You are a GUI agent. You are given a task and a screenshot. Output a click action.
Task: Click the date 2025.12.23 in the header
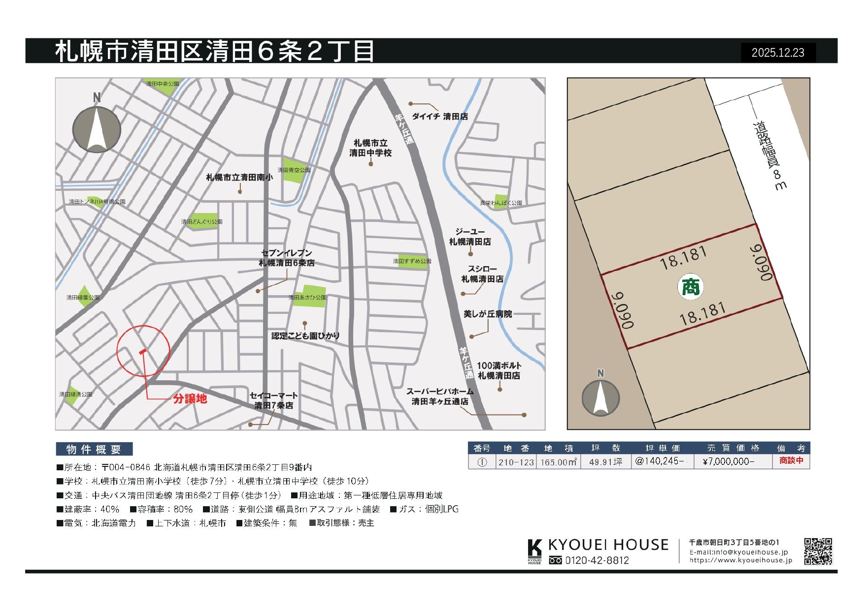pyautogui.click(x=778, y=53)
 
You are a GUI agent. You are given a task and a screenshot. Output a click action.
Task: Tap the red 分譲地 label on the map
pyautogui.click(x=190, y=398)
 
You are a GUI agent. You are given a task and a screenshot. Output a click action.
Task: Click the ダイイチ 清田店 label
pyautogui.click(x=439, y=117)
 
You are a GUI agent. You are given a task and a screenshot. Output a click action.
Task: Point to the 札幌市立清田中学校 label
pyautogui.click(x=370, y=148)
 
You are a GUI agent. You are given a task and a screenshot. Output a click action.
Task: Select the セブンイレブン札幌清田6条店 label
pyautogui.click(x=287, y=258)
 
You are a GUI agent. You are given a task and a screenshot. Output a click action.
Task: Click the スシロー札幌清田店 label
pyautogui.click(x=482, y=274)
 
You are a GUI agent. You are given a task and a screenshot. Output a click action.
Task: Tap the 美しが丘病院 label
pyautogui.click(x=488, y=314)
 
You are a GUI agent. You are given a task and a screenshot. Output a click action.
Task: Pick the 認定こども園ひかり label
pyautogui.click(x=305, y=336)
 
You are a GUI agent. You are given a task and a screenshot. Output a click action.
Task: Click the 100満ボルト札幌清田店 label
pyautogui.click(x=499, y=370)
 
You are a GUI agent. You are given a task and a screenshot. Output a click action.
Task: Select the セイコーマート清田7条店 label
pyautogui.click(x=274, y=400)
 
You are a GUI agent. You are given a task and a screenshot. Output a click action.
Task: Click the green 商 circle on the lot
pyautogui.click(x=691, y=287)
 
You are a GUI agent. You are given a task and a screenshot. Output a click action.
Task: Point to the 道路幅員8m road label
pyautogui.click(x=769, y=155)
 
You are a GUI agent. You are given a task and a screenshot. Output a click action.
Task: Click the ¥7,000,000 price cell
pyautogui.click(x=729, y=461)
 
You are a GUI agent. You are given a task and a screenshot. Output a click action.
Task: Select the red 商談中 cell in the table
pyautogui.click(x=791, y=461)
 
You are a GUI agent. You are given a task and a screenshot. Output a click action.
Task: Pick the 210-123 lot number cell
pyautogui.click(x=516, y=462)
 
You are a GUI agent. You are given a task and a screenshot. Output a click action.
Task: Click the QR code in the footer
pyautogui.click(x=818, y=551)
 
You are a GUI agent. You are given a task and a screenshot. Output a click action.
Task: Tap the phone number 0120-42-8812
pyautogui.click(x=597, y=560)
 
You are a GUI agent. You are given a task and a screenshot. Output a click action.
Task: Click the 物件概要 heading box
pyautogui.click(x=94, y=449)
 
